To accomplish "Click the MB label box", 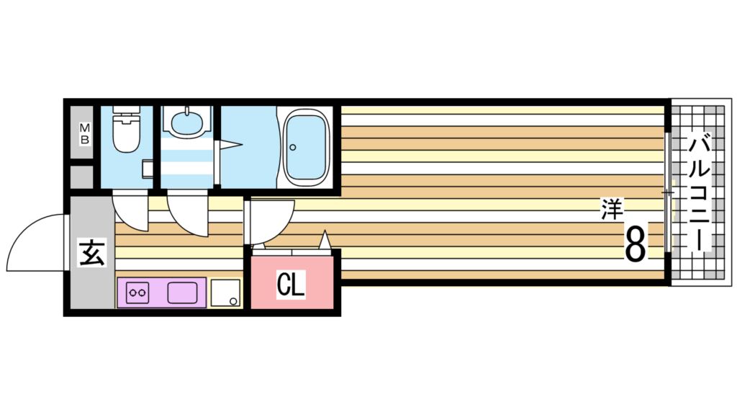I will coord(84,134).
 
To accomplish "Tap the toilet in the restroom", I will coord(127,134).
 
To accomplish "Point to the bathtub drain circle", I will coord(293,148).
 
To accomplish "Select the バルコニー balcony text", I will coord(699,191).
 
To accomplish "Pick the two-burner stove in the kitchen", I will coord(137,293).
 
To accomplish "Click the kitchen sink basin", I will coord(184,293).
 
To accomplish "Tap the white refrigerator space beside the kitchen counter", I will coord(225,293).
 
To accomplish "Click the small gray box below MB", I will coord(83,177).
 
